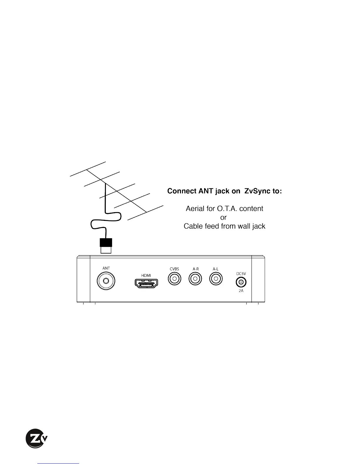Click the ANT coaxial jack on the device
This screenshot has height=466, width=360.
[x=106, y=281]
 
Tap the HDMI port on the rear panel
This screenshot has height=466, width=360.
[x=146, y=284]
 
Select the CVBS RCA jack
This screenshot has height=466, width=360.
[x=174, y=279]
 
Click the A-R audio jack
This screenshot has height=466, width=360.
[x=196, y=279]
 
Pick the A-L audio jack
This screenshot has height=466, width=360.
[x=216, y=279]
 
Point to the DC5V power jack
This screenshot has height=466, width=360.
[x=241, y=282]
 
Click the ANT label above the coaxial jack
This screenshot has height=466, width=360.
[x=106, y=268]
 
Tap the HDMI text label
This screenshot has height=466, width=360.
[x=146, y=275]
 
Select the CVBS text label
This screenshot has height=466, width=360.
[x=174, y=269]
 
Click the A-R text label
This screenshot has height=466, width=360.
[x=196, y=269]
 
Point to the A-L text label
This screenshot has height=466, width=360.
[x=216, y=269]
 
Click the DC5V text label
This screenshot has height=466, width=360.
[x=241, y=274]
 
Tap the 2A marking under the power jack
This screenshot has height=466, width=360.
[x=241, y=291]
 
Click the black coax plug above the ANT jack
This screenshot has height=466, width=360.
[x=106, y=243]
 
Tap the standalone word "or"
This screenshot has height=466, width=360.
[x=224, y=217]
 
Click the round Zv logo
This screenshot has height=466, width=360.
[x=36, y=438]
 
